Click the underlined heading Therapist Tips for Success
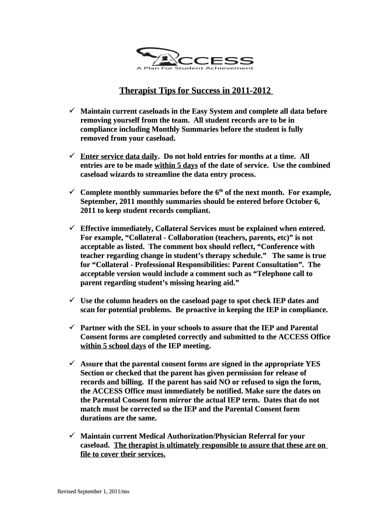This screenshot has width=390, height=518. pyautogui.click(x=196, y=91)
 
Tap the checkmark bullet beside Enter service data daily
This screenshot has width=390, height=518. pyautogui.click(x=72, y=157)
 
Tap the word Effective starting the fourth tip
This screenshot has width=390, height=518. pyautogui.click(x=98, y=229)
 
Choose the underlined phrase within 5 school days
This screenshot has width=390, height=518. pyautogui.click(x=113, y=346)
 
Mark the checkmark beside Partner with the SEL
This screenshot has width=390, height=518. pyautogui.click(x=72, y=328)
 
